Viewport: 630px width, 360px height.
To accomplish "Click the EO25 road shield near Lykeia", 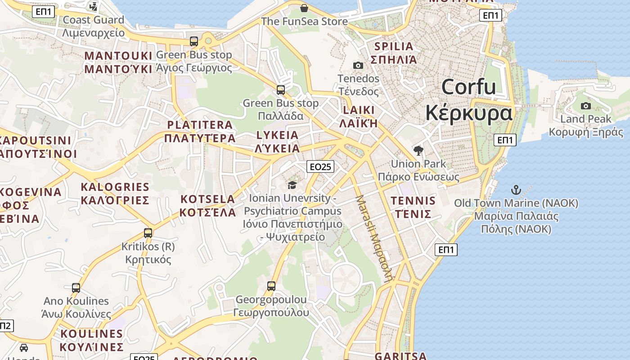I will (x=320, y=166).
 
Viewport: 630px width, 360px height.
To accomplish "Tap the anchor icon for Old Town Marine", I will (x=516, y=190).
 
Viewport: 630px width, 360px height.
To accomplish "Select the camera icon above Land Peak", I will (x=585, y=106).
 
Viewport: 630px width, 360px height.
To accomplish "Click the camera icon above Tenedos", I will (x=358, y=65).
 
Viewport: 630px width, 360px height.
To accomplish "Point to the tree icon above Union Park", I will (x=418, y=150).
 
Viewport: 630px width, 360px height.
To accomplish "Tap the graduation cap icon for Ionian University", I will (x=292, y=185).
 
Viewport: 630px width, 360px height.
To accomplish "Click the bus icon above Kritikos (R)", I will (x=148, y=233).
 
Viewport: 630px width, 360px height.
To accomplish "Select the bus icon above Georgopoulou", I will (x=271, y=286).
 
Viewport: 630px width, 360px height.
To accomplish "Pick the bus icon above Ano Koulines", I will (x=76, y=288).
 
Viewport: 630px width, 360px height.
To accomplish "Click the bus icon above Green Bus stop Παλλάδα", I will (x=281, y=90).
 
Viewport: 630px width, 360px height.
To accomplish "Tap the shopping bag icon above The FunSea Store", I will (x=304, y=8).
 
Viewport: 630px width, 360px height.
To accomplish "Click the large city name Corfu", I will (x=468, y=87).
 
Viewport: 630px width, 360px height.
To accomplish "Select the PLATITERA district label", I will (x=200, y=125).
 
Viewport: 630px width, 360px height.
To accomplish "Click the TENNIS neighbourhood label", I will (x=413, y=201).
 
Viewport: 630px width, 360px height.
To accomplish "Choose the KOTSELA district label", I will (x=207, y=199).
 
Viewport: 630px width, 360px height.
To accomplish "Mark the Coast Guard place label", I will (x=93, y=20).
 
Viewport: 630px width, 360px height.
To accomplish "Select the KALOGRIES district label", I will (x=115, y=187).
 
